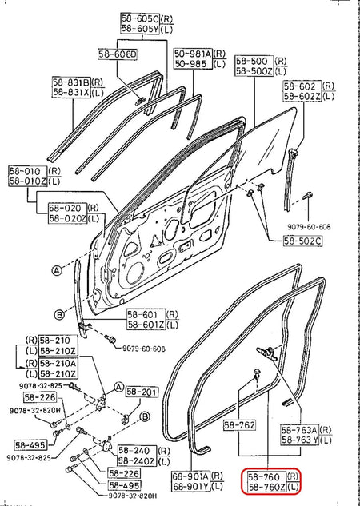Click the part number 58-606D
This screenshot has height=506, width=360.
(118, 54)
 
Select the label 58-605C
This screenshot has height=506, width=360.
(141, 18)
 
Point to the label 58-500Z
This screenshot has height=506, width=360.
(254, 71)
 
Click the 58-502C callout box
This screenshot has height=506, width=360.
(302, 241)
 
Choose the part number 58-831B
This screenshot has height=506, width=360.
(72, 82)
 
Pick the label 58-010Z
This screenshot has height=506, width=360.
(28, 181)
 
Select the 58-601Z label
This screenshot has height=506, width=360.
(146, 324)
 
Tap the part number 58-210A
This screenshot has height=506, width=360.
(58, 363)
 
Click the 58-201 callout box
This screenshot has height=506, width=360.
(142, 392)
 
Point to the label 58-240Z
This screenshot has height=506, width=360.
(138, 460)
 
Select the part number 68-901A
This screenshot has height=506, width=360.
(191, 476)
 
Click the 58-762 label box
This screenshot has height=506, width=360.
(239, 425)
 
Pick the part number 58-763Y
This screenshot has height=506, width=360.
(300, 440)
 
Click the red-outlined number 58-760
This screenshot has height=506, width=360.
(266, 476)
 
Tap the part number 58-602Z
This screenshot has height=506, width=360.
(302, 96)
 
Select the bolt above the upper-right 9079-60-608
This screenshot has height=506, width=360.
(306, 196)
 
